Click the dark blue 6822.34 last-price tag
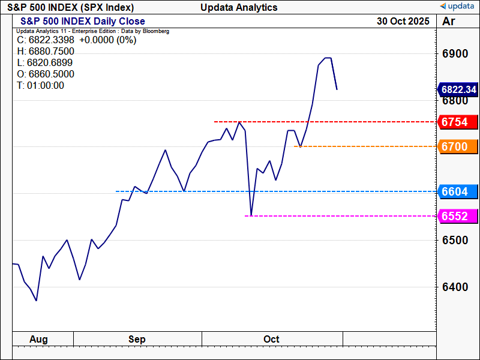click(458, 89)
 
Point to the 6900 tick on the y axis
click(455, 54)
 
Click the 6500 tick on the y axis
click(455, 240)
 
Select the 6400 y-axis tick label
click(455, 287)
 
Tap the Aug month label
click(38, 340)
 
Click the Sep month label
click(137, 340)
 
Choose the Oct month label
click(271, 340)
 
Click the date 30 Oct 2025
click(403, 21)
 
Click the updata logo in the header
click(458, 7)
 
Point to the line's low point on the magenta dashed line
click(251, 215)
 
